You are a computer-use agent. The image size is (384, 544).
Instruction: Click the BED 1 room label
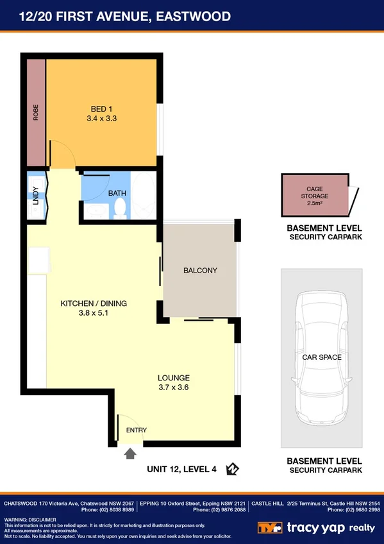[x=103, y=109]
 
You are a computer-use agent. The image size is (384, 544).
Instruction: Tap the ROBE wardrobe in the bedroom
[x=36, y=113]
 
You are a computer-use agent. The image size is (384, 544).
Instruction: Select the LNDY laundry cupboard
[x=36, y=195]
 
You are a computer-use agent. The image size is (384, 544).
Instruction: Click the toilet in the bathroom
[x=119, y=207]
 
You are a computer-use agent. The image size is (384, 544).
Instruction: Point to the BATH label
[x=117, y=192]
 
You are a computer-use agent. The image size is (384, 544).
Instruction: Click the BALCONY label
[x=200, y=270]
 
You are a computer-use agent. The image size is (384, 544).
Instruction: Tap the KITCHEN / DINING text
[x=94, y=303]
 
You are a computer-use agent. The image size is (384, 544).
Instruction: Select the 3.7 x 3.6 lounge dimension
[x=174, y=387]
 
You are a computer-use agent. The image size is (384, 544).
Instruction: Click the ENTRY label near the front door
[x=136, y=430]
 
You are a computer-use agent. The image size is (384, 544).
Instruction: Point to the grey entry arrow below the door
[x=130, y=454]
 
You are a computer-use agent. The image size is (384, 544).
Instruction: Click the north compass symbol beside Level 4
[x=232, y=470]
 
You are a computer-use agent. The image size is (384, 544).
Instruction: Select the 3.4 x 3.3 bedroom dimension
[x=103, y=119]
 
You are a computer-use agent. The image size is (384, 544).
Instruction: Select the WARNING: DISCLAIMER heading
[x=31, y=519]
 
